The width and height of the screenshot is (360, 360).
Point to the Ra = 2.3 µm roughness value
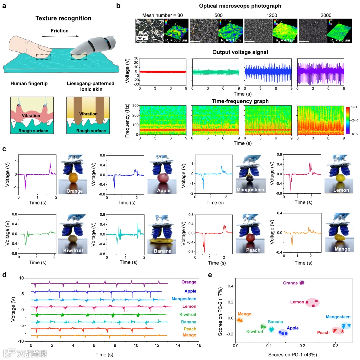[339, 41]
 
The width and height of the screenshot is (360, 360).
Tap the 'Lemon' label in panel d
[190, 306]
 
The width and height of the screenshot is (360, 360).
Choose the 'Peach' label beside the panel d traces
[189, 329]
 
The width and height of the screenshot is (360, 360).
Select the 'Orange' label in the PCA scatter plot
[290, 283]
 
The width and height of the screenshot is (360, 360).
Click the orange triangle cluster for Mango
[240, 320]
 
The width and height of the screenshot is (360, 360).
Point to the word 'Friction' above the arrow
[60, 31]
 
